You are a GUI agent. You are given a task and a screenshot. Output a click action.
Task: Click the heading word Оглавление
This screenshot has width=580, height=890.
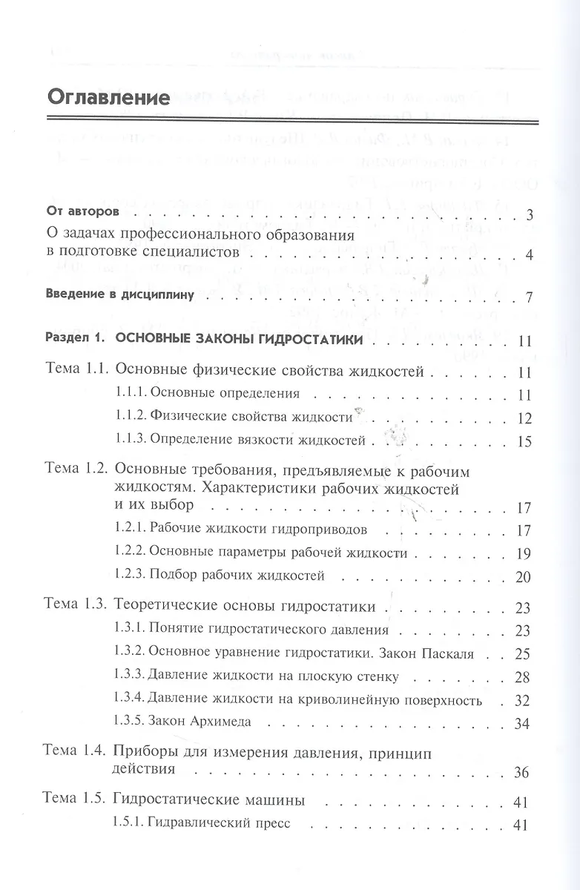[x=108, y=98]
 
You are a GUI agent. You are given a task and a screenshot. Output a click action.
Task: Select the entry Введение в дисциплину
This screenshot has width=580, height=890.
[x=119, y=294]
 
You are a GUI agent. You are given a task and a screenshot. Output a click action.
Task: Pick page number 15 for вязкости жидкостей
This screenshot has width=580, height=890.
[x=525, y=442]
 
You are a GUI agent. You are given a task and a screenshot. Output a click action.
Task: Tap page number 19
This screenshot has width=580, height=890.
[x=525, y=553]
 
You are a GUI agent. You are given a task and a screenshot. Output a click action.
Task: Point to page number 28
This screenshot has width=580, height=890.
[x=524, y=676]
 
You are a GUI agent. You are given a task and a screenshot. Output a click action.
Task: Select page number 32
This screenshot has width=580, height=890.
[x=524, y=700]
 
